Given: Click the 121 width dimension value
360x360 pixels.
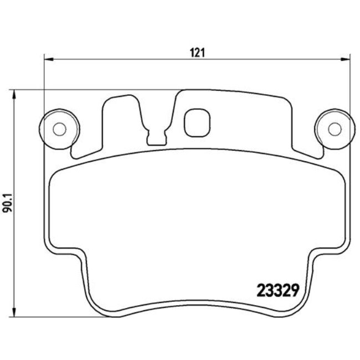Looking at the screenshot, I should [x=198, y=53].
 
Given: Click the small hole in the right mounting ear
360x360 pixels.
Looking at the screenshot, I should [x=333, y=129].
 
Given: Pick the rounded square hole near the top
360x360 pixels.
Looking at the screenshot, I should [x=197, y=121].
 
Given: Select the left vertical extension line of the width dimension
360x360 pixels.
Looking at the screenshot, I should [x=44, y=83].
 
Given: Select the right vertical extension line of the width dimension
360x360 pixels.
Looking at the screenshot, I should [x=351, y=83].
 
